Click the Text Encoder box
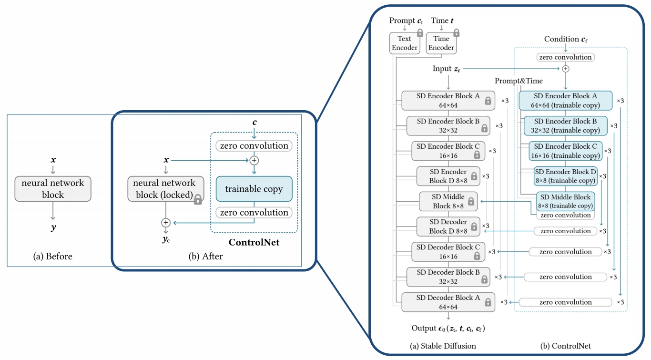tap(404, 43)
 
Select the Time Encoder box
tap(441, 43)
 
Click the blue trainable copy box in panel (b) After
tap(254, 189)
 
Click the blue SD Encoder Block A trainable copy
tap(565, 100)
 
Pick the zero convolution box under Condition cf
tap(565, 57)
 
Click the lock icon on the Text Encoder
tap(420, 33)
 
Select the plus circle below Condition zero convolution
tap(566, 69)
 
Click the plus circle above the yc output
tap(165, 223)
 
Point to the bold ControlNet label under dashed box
tap(254, 243)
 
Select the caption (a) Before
tap(53, 257)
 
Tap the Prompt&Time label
tap(519, 81)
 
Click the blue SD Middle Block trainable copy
tap(566, 202)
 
